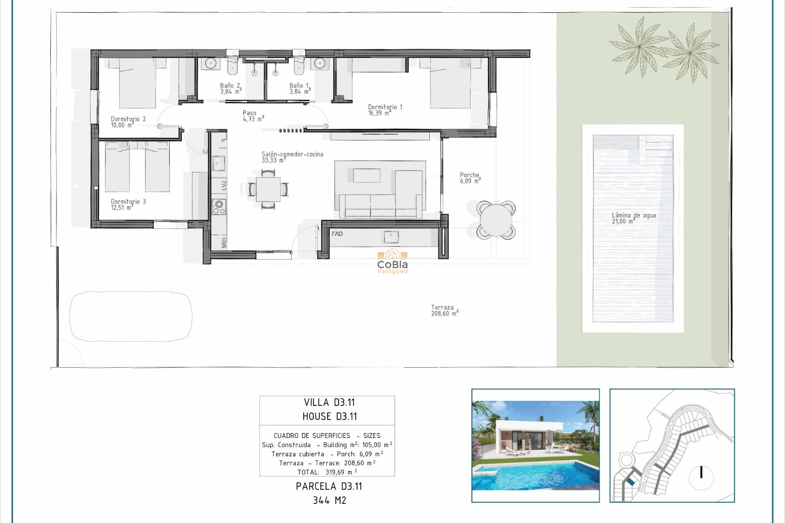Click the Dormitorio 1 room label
point(385,110)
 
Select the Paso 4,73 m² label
point(253,116)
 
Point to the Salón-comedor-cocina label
point(292,157)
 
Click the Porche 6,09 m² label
point(470,178)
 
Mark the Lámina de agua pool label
point(633,218)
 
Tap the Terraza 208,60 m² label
point(444,311)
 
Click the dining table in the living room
point(268,190)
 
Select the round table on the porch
point(496,220)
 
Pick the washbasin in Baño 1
point(320,63)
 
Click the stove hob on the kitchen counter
point(219,207)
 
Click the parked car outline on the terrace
point(131,316)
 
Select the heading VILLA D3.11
point(329,402)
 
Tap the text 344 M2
point(329,500)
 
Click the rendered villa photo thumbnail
point(535,445)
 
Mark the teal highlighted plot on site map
point(630,482)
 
